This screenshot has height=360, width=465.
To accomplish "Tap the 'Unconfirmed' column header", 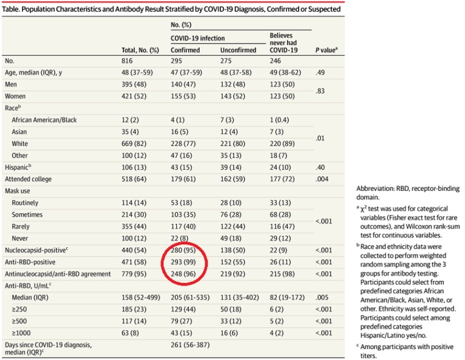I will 237,50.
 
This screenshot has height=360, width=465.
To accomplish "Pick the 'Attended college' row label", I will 29,179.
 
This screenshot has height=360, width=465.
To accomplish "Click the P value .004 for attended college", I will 321,179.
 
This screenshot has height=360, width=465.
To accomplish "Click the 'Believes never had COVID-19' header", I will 285,46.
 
